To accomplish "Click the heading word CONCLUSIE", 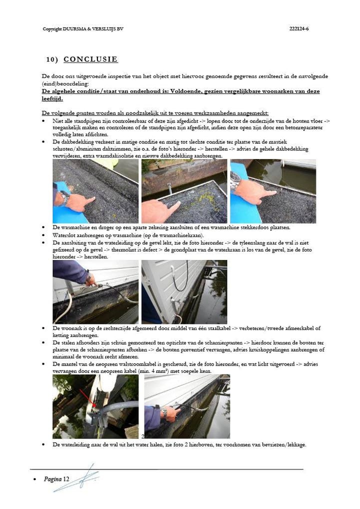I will (x=90, y=59).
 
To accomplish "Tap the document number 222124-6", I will (x=299, y=28).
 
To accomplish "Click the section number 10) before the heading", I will (x=52, y=60).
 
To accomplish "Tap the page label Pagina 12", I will (x=56, y=479).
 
